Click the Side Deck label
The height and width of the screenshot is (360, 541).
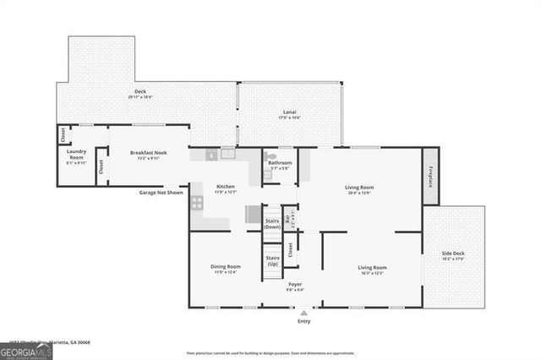pos(453,253)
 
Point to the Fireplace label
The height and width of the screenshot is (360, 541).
pos(430,175)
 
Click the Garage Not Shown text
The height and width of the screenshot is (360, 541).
pos(161,192)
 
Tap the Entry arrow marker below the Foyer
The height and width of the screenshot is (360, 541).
pos(303,312)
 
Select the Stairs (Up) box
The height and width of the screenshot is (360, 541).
pos(272,261)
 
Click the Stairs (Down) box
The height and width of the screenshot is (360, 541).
pos(272,224)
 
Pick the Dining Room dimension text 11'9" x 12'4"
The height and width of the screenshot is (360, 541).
pos(226,272)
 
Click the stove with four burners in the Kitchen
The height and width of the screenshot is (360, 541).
pos(197,203)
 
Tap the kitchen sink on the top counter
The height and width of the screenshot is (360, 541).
pos(227,154)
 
